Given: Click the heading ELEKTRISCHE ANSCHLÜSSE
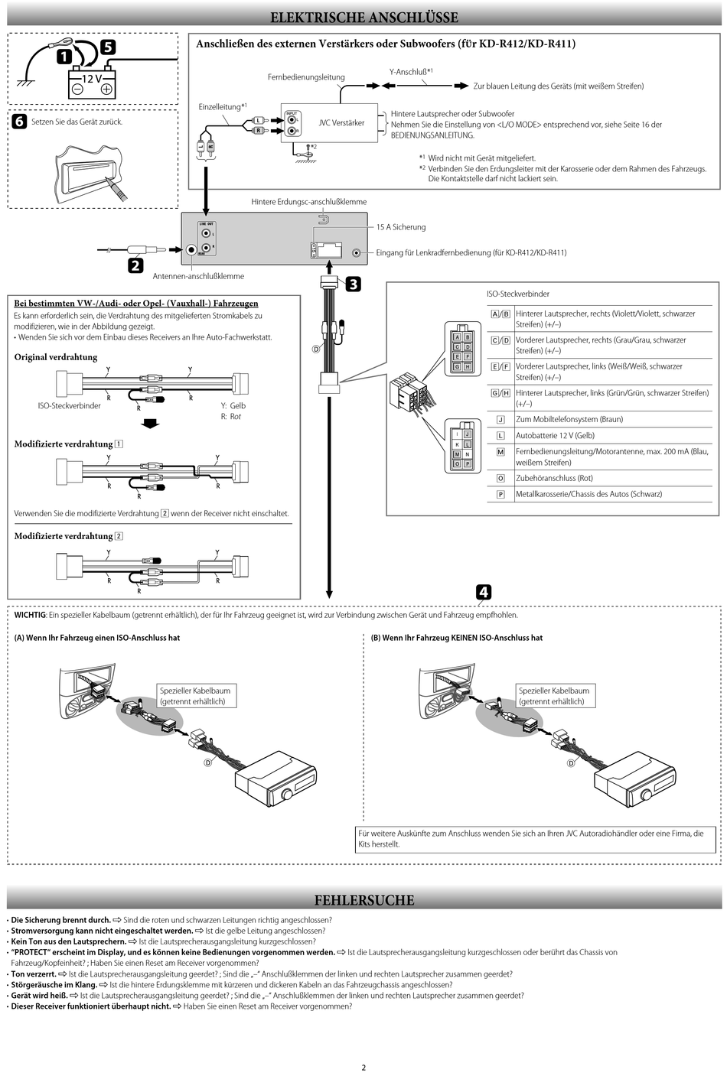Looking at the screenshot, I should point(364,18).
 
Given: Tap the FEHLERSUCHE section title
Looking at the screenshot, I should point(364,900).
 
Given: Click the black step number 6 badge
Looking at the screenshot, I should point(19,122).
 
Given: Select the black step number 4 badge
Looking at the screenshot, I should point(484,592).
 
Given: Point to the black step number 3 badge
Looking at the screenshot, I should point(353,284).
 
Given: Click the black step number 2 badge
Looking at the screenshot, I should point(135,266).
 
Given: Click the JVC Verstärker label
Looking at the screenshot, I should point(341,123).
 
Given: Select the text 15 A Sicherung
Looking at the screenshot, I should point(400,227).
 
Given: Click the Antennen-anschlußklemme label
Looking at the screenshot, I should point(198,276).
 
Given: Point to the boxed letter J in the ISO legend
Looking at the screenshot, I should point(500,420).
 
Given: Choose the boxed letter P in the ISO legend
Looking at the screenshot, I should point(500,494).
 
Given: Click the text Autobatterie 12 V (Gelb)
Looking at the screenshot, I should point(555,435).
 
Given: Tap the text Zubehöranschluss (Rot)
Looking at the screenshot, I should point(554,478).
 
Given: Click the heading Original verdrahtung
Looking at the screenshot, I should point(56,357).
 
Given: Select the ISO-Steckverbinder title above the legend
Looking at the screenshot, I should point(517,294).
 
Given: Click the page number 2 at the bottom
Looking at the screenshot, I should point(363,1068).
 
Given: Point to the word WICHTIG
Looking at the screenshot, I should point(30,615).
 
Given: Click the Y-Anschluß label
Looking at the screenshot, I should point(410,72).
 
